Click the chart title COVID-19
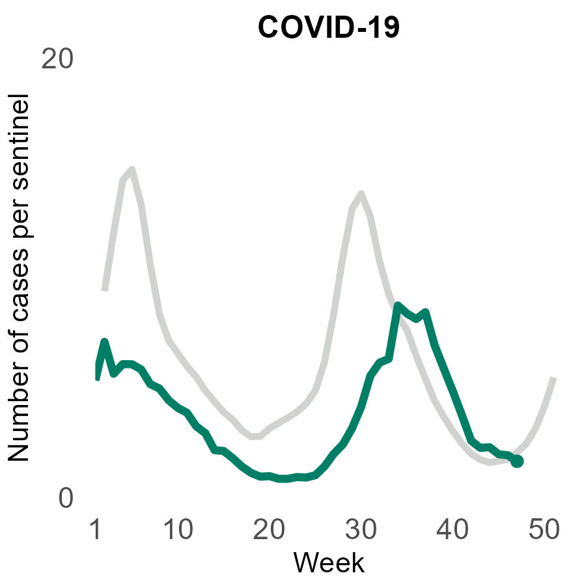[328, 27]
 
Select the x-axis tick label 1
[96, 531]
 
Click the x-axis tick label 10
[178, 531]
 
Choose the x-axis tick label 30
[360, 531]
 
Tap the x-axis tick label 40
[451, 531]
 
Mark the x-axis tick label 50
[543, 531]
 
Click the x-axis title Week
[328, 562]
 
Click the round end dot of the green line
[517, 462]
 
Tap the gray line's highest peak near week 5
[132, 170]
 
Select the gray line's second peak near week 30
[360, 193]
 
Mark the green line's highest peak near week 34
[397, 305]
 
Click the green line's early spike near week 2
[104, 341]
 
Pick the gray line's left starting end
[104, 289]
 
